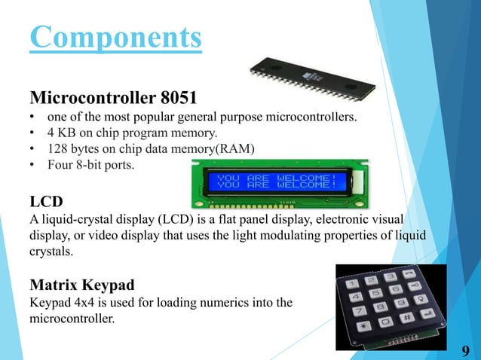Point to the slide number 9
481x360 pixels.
[465, 350]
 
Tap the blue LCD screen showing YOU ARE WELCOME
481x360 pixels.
[276, 182]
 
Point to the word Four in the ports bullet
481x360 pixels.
[60, 163]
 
